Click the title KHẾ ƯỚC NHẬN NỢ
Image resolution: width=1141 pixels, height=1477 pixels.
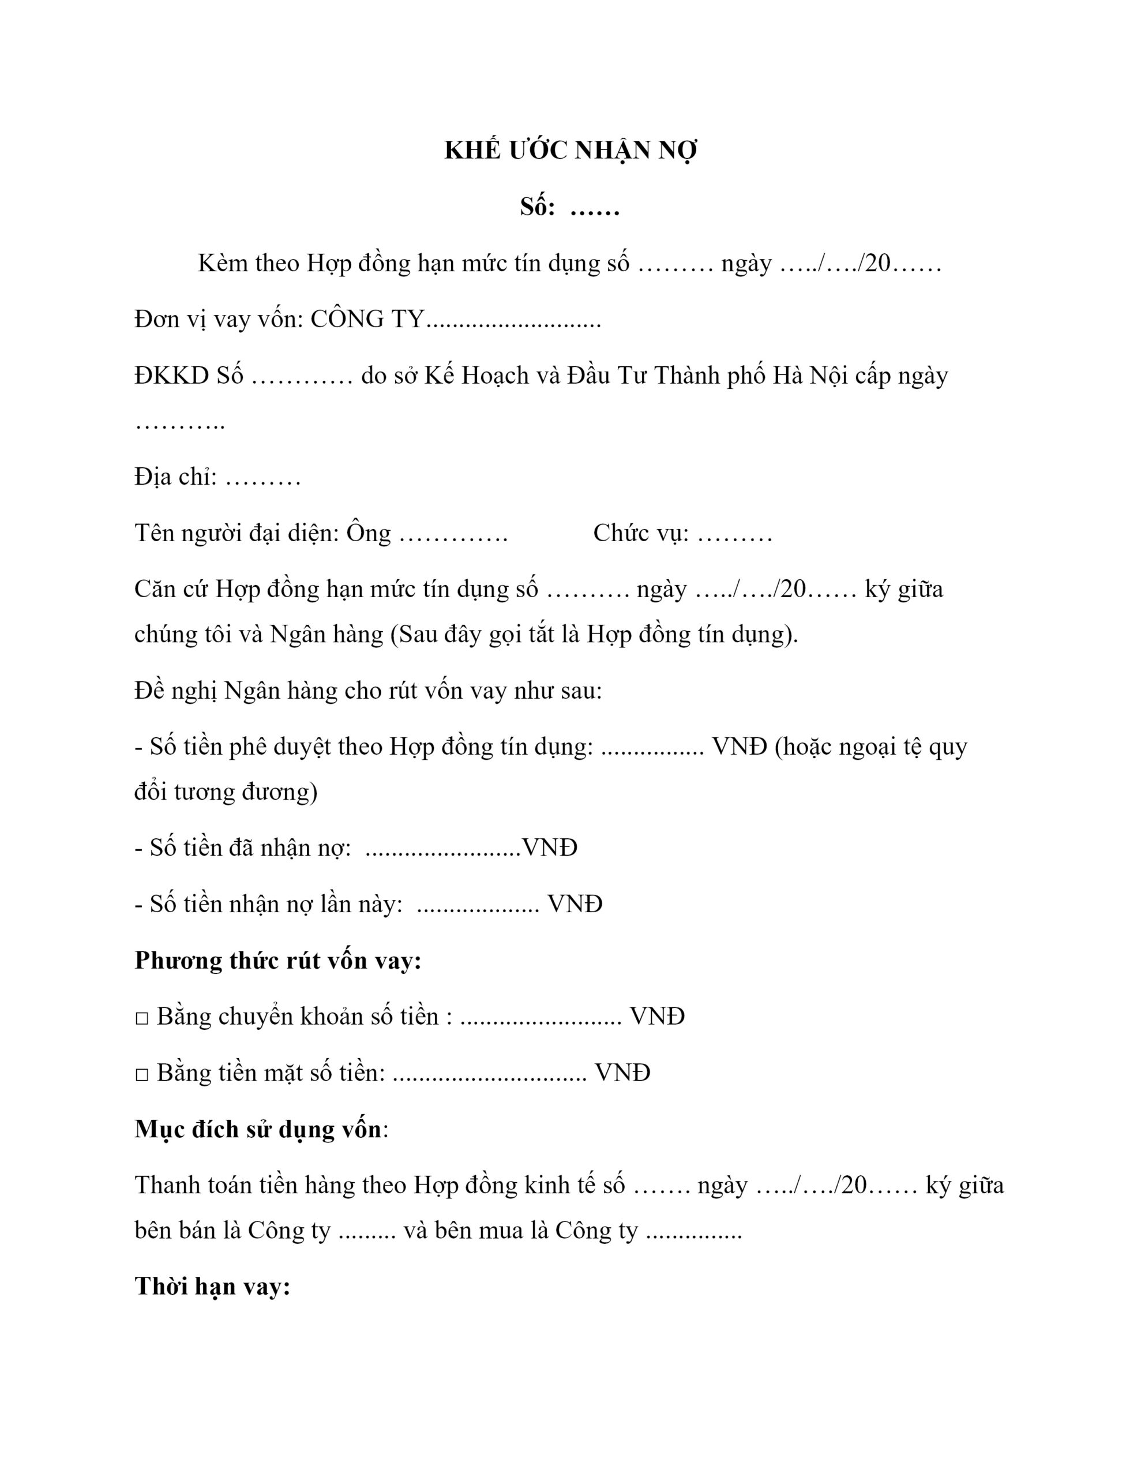570,150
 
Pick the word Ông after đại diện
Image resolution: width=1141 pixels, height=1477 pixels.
369,533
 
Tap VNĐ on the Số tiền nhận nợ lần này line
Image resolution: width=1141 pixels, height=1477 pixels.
574,904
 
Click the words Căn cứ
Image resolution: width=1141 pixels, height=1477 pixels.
171,589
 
